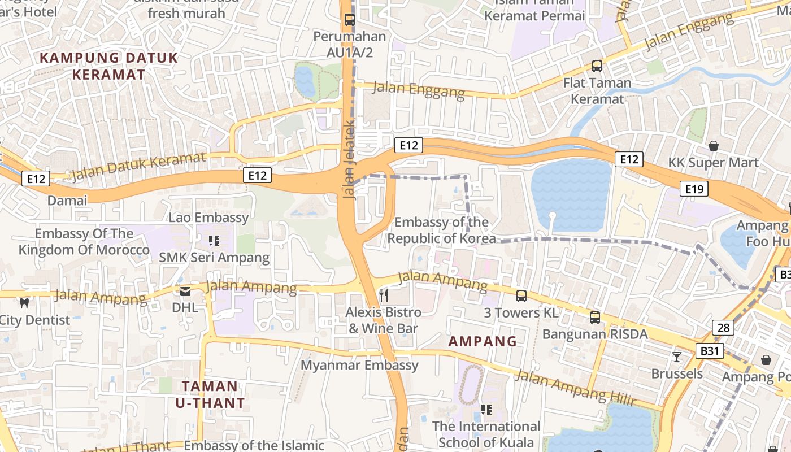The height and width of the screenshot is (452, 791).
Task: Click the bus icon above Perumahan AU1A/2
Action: click(x=350, y=20)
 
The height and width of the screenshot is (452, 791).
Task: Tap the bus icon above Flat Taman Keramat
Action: click(x=597, y=66)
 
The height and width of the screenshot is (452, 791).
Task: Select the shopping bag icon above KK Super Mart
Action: click(x=714, y=146)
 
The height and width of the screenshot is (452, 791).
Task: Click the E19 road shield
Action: click(x=693, y=189)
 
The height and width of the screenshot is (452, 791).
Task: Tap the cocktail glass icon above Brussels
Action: click(x=676, y=357)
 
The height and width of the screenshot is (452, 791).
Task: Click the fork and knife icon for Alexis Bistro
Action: click(x=384, y=295)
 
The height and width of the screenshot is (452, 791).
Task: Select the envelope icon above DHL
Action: click(x=185, y=292)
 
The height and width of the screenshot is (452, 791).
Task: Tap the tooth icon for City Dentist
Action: click(x=24, y=303)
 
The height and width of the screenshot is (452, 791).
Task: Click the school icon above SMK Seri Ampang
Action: click(x=214, y=241)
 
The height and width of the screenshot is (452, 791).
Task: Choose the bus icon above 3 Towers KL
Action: click(x=521, y=296)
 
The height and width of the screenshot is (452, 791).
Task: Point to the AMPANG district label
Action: click(x=483, y=341)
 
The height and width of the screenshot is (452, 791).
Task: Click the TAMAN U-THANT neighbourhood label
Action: click(x=210, y=394)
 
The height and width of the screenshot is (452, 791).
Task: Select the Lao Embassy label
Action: click(x=208, y=218)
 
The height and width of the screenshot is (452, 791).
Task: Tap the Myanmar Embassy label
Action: click(x=359, y=365)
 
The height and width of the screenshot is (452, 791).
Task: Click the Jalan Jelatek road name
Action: click(x=350, y=159)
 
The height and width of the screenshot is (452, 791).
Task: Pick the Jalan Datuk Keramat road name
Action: click(x=138, y=167)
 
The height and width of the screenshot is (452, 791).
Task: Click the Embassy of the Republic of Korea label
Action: click(x=441, y=230)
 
